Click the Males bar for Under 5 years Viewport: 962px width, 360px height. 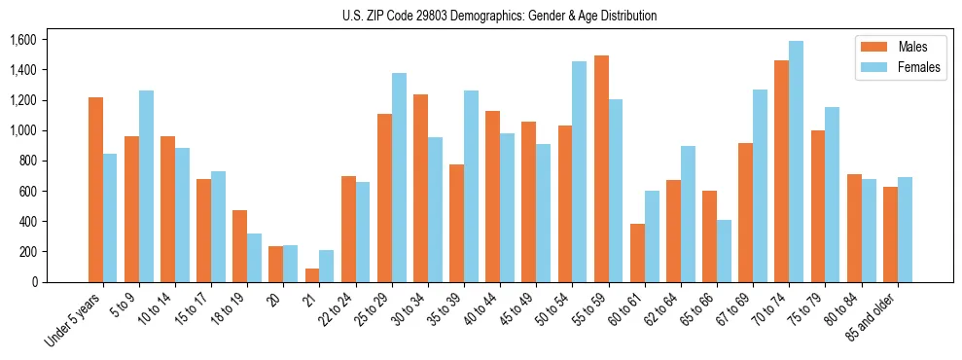tap(95, 190)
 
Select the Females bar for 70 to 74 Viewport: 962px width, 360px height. tap(797, 162)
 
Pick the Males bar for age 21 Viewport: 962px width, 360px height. tap(312, 275)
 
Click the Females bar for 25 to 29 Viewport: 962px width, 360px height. tap(399, 177)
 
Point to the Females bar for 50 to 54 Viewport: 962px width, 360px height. tap(580, 171)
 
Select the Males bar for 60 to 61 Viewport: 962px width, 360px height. tap(637, 253)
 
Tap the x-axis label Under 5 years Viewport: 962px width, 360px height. tap(75, 320)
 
